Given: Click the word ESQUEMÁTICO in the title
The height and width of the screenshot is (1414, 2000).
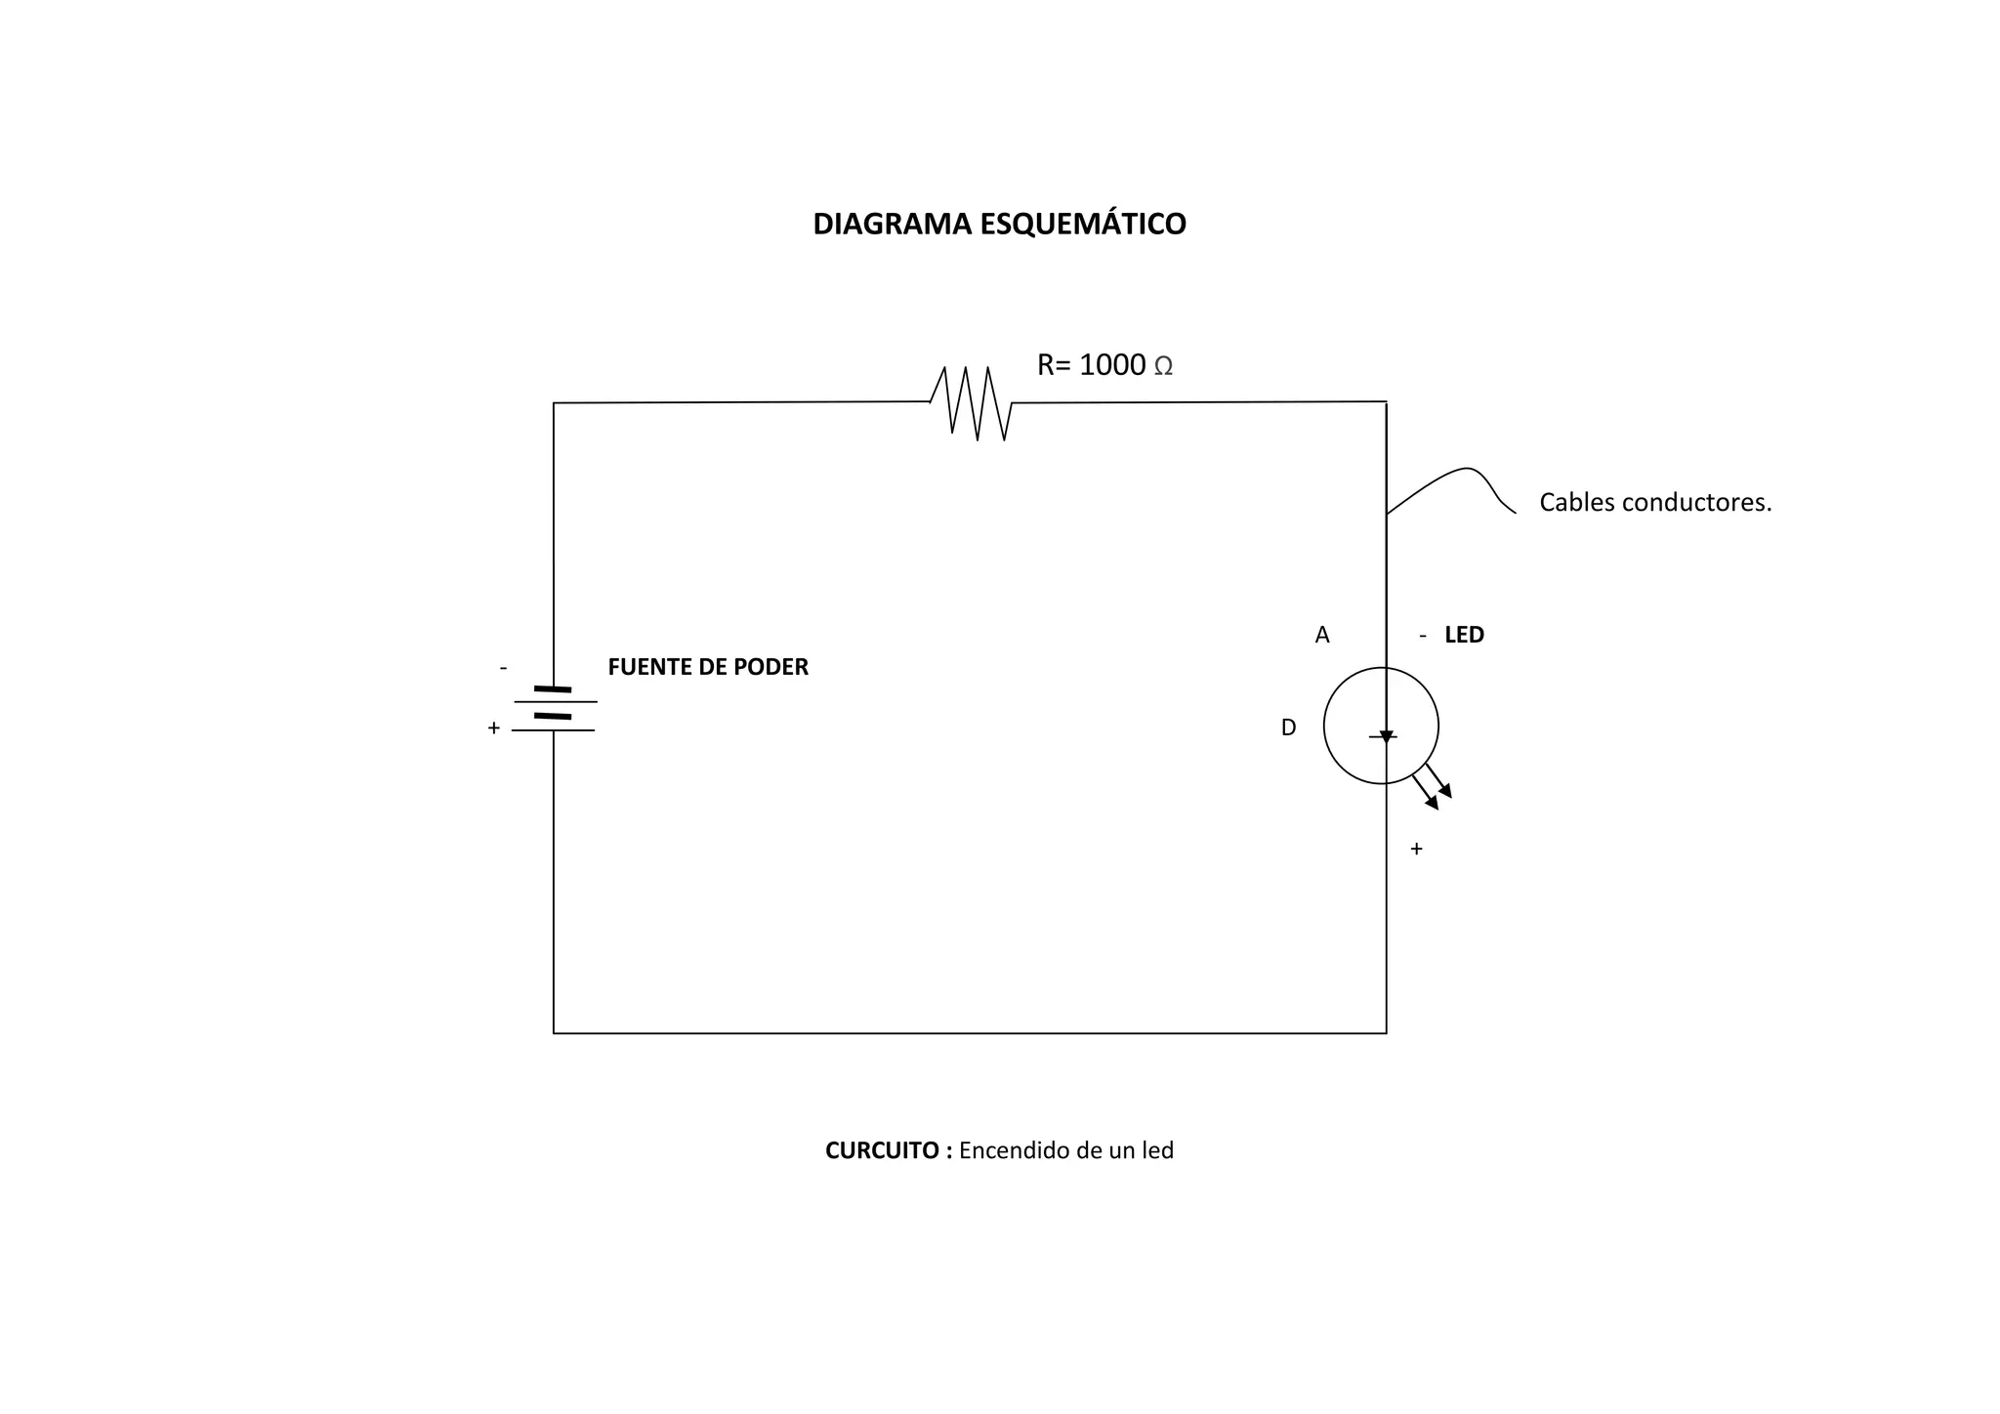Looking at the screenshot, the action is [x=1083, y=224].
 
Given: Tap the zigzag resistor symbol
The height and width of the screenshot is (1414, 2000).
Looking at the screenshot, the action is [x=971, y=402].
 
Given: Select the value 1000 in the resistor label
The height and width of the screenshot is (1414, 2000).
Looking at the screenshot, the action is [x=1112, y=365].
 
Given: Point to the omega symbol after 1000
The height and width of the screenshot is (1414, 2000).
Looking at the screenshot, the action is [x=1163, y=367].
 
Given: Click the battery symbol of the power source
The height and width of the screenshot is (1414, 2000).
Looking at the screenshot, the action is [x=554, y=709].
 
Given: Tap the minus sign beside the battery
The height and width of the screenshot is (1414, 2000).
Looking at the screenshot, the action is [x=503, y=668].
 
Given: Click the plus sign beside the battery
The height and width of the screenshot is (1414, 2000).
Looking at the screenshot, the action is [x=493, y=728].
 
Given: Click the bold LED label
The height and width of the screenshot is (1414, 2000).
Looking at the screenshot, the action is [x=1464, y=635].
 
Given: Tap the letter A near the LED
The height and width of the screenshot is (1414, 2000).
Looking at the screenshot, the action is [x=1322, y=636].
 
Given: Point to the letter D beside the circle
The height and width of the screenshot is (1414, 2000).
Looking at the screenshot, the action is [x=1288, y=728].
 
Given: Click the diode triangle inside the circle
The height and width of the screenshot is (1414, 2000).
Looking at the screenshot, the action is [x=1386, y=736].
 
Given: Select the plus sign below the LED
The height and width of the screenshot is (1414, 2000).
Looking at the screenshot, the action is [x=1416, y=850].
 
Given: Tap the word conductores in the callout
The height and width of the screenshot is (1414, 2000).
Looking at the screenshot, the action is [x=1696, y=503].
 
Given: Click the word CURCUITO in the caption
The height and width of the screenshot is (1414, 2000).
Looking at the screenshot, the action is [x=883, y=1150].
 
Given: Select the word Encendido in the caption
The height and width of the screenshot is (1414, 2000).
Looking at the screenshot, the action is [x=1014, y=1150].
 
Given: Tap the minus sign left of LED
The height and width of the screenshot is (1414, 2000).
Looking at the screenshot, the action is [x=1423, y=636].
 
